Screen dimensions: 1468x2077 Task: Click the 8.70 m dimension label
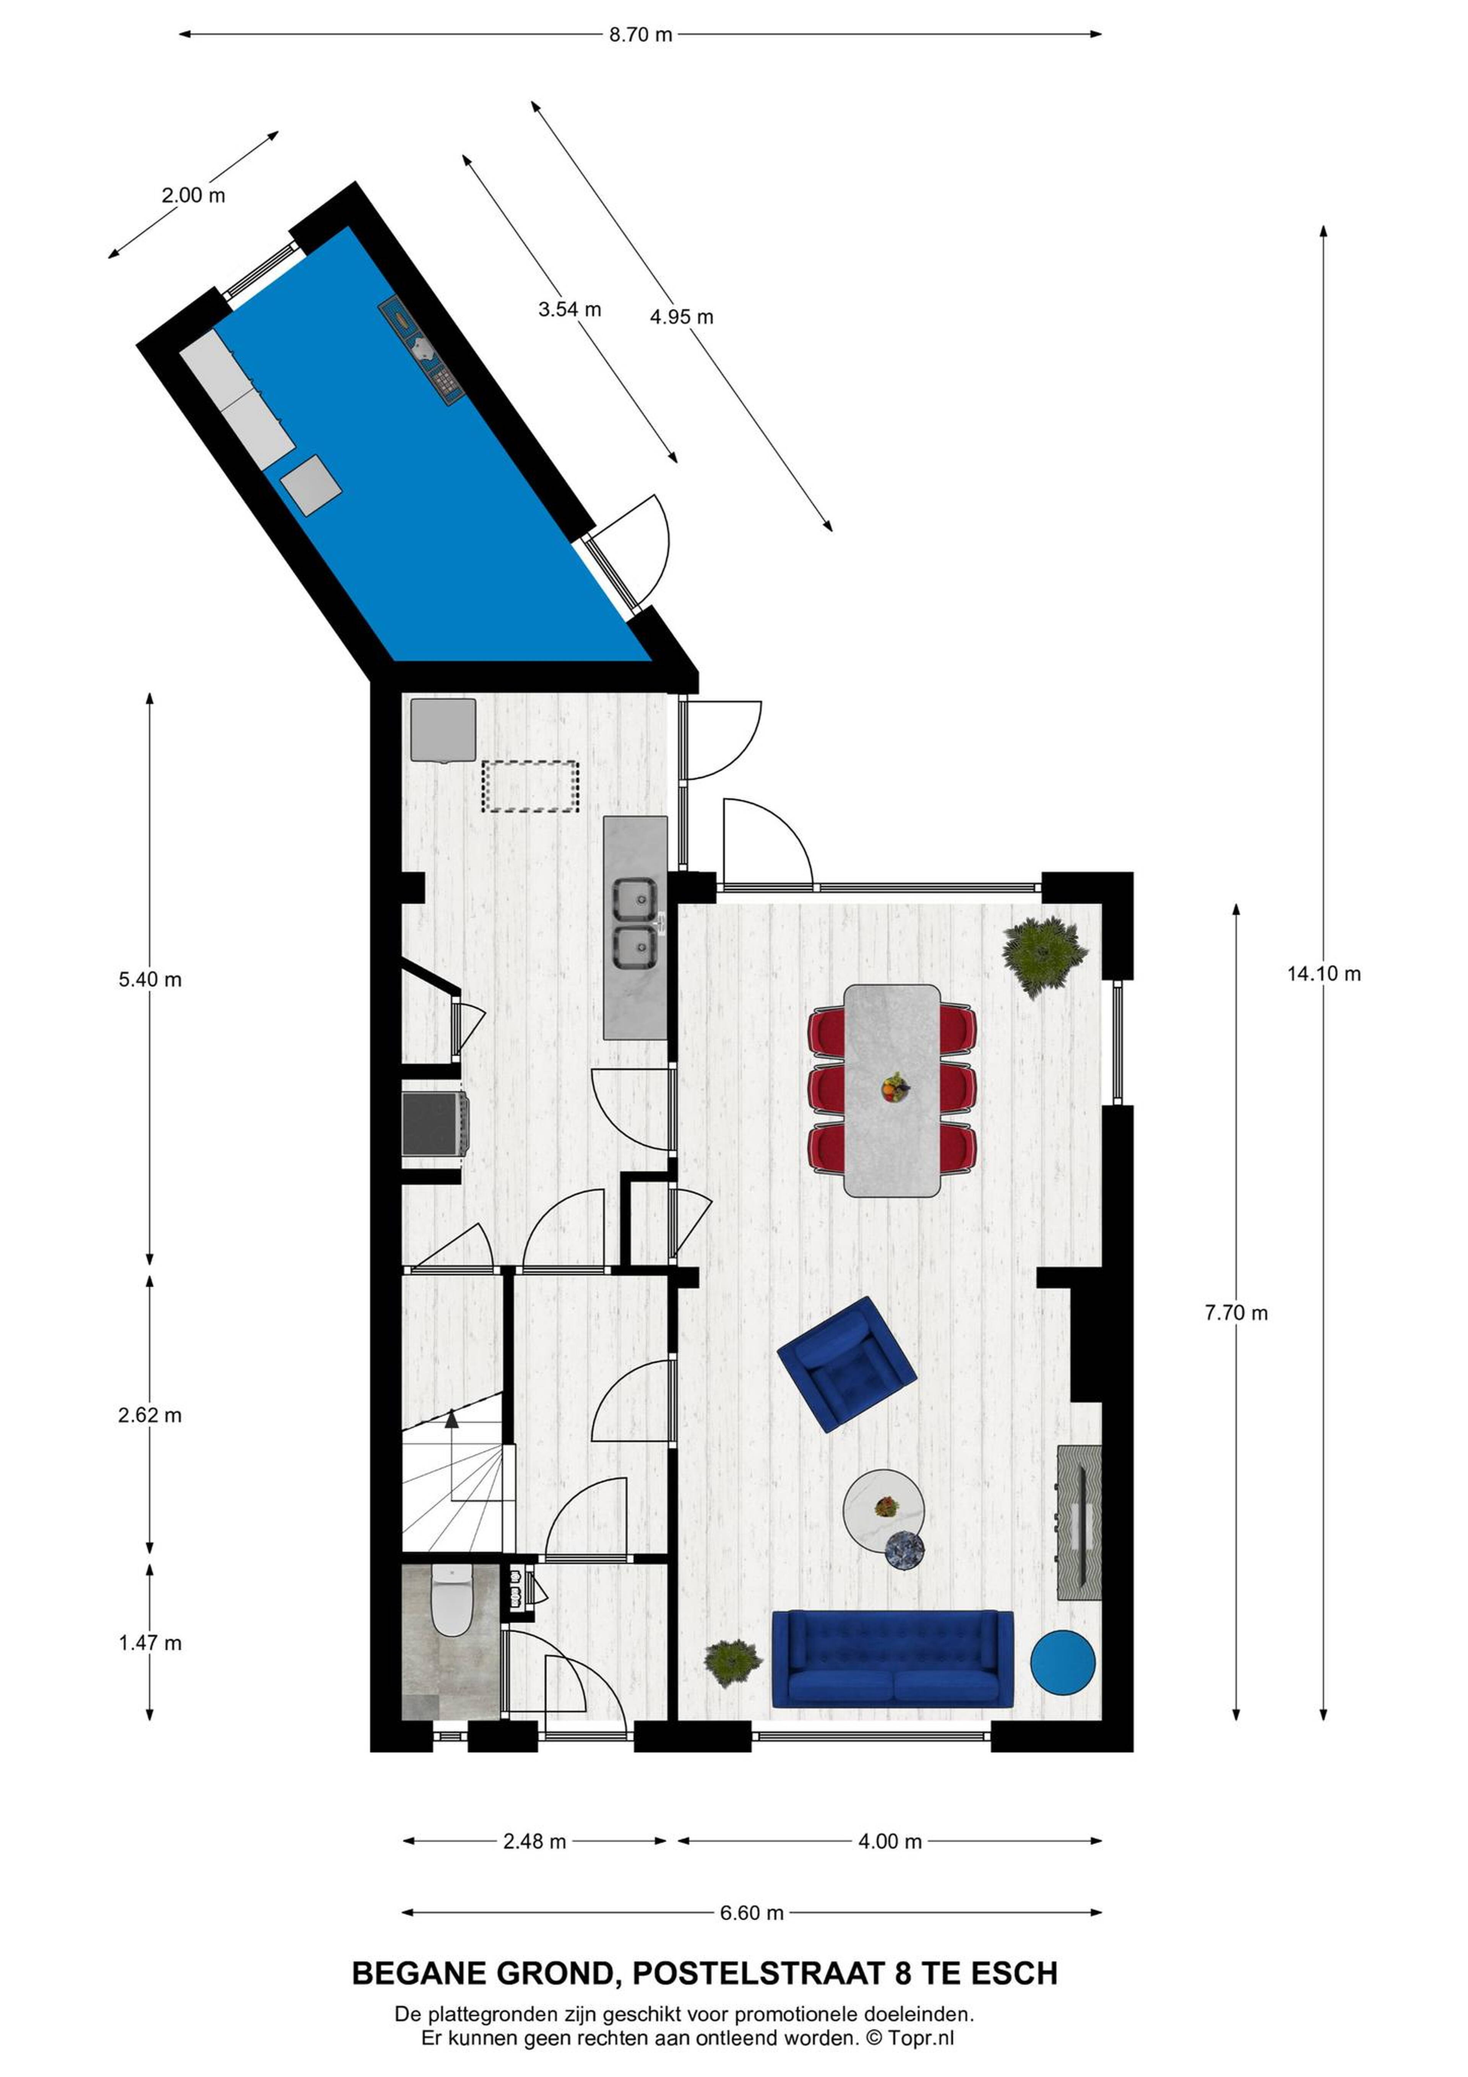[x=640, y=35]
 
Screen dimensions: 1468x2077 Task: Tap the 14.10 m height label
[x=1324, y=974]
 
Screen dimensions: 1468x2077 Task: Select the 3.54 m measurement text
[x=570, y=309]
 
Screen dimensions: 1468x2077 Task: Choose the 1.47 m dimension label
[x=150, y=1643]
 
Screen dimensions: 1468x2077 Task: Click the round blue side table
[x=1063, y=1663]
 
